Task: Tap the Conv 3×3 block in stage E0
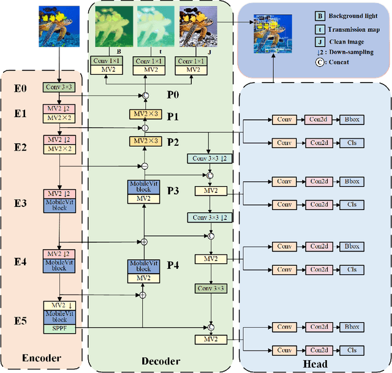coord(59,88)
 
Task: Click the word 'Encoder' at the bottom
coord(42,358)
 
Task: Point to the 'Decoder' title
coord(160,361)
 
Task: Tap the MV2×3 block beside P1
coord(145,115)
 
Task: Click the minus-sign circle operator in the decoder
coord(145,166)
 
